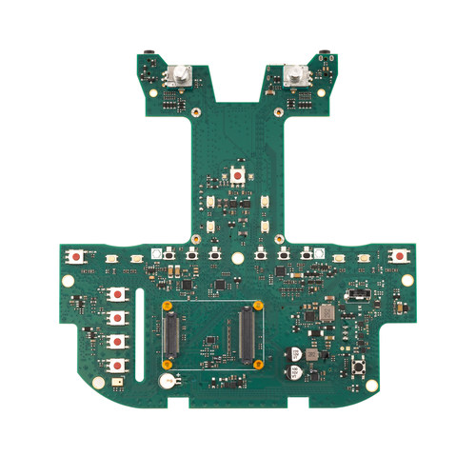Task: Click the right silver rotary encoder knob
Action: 294,75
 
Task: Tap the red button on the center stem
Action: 236,176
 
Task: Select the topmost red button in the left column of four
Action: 118,296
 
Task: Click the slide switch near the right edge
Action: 359,296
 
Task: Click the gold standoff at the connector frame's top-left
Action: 168,306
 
